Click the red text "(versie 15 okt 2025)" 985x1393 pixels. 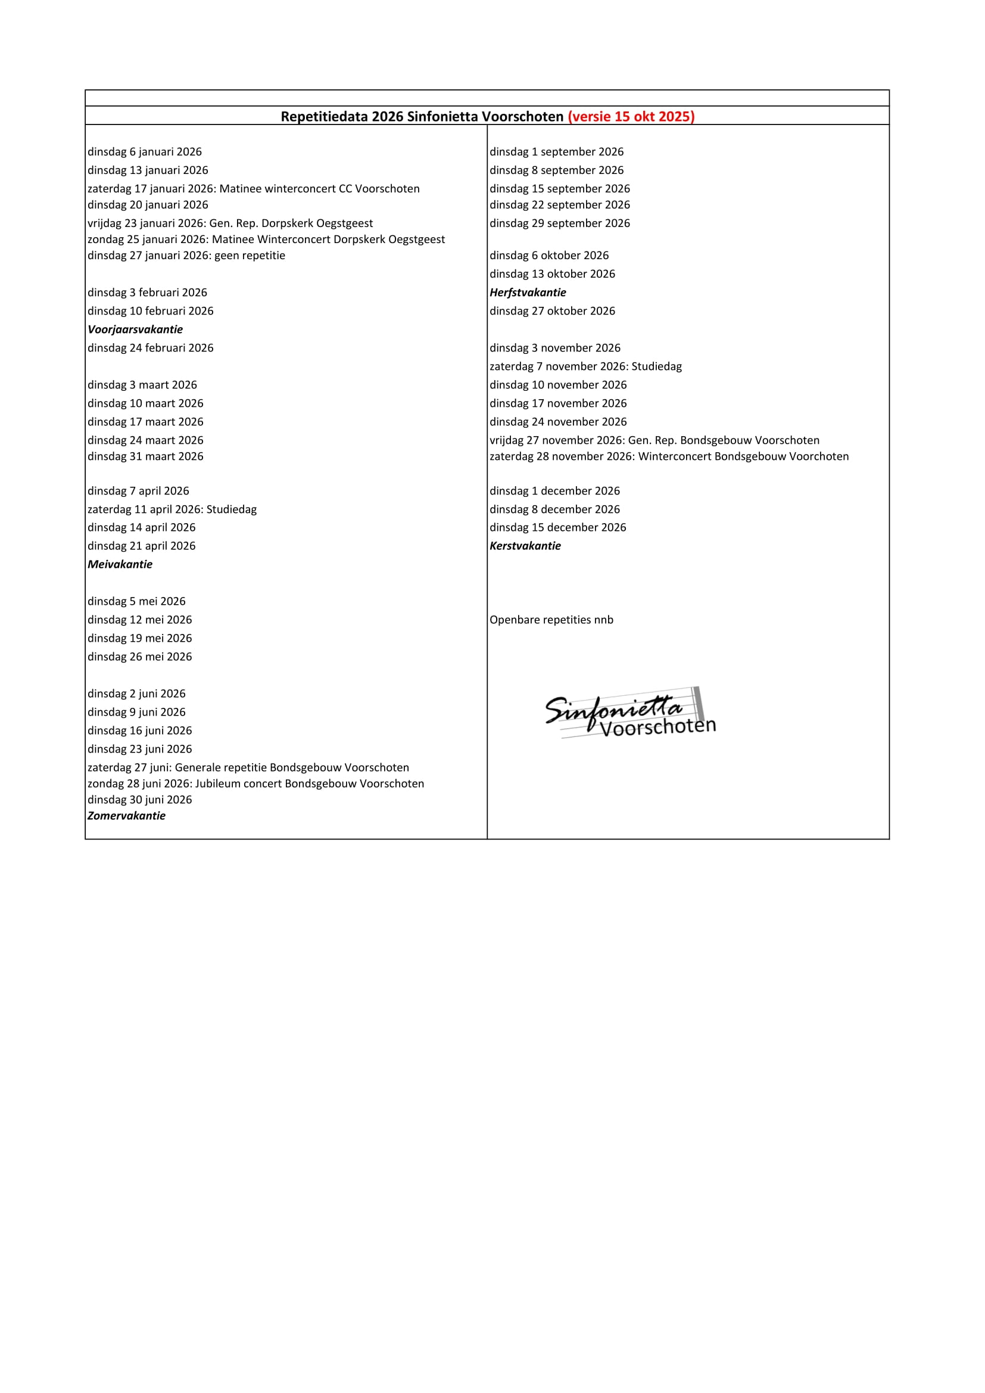(631, 117)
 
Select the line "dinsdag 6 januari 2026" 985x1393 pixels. (144, 152)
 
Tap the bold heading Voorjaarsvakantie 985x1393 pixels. (135, 329)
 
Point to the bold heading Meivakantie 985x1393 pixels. (120, 564)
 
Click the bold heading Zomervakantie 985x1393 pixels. (126, 816)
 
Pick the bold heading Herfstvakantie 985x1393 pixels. (528, 293)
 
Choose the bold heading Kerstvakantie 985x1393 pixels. (525, 546)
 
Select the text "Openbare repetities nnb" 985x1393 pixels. (551, 620)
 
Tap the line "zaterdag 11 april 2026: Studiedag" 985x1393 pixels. (172, 509)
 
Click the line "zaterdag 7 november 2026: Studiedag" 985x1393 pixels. (585, 366)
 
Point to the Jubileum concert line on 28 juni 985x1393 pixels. (255, 784)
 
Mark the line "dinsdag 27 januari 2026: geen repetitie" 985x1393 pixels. (186, 256)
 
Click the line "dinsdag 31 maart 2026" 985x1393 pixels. (145, 456)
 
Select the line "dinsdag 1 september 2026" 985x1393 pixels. (556, 152)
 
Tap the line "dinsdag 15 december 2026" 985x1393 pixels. (557, 528)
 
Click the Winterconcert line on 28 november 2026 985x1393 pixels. (669, 456)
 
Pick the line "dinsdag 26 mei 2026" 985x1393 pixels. (139, 657)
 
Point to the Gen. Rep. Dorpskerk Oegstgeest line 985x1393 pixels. (230, 223)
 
